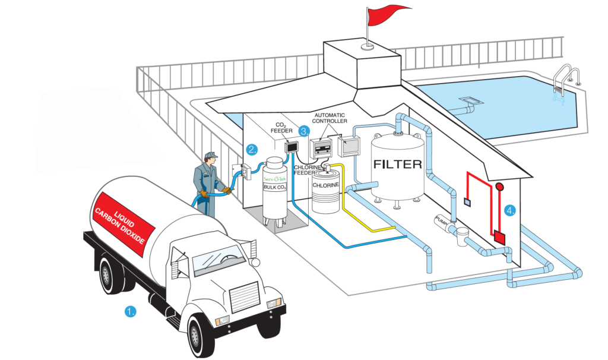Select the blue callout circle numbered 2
tap(252, 150)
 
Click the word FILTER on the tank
tap(397, 163)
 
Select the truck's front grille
tap(243, 295)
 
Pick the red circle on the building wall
tap(499, 187)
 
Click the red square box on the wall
tap(499, 237)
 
